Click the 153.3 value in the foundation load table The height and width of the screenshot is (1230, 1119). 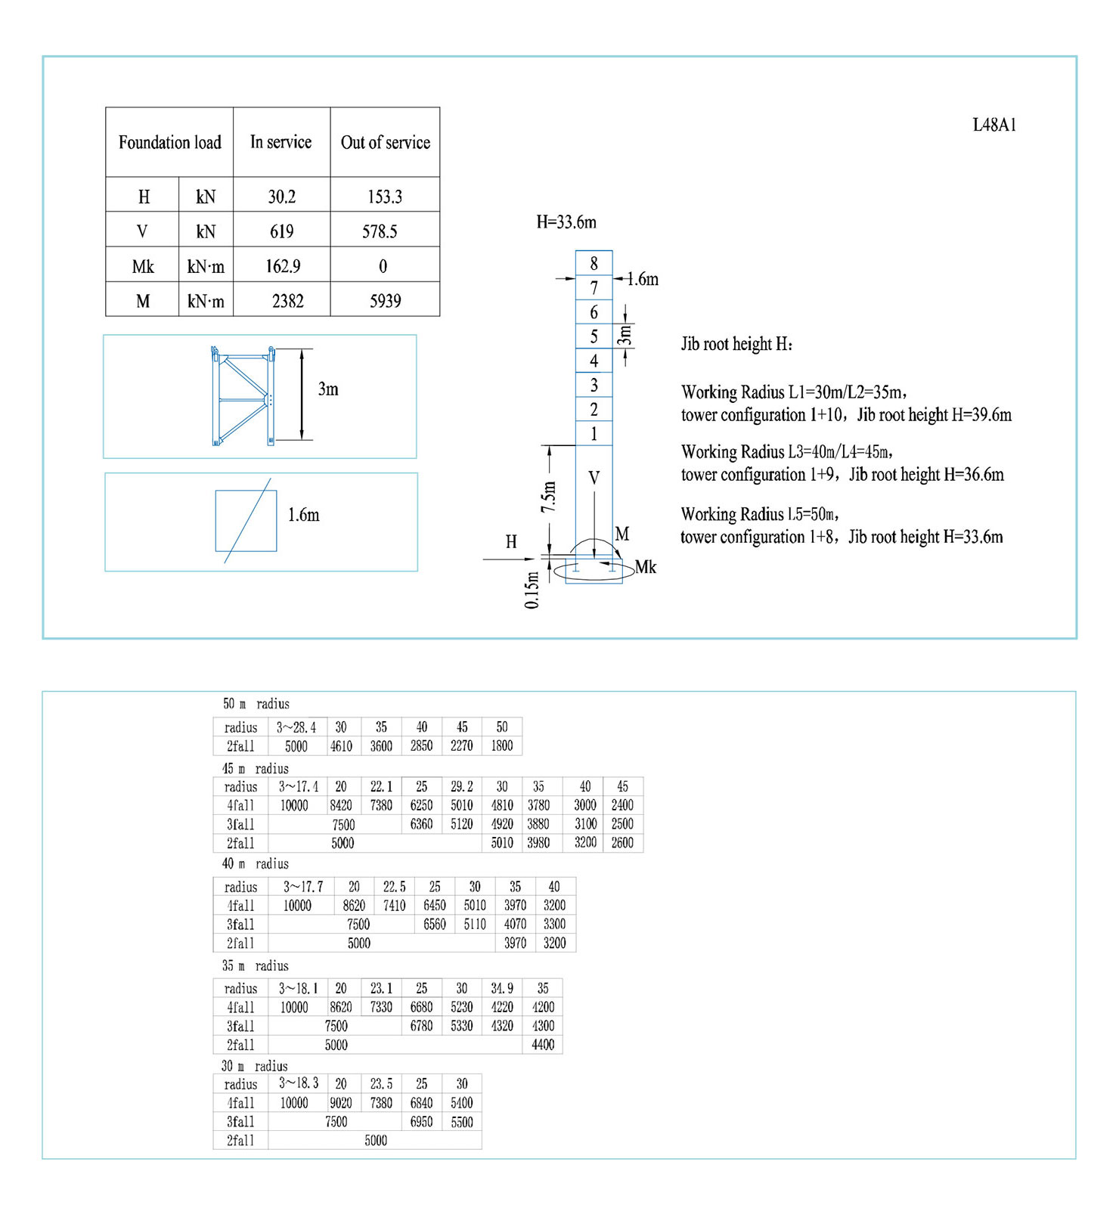pos(385,197)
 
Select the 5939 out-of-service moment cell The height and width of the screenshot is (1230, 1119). pos(385,301)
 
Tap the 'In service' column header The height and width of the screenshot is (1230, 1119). pos(281,142)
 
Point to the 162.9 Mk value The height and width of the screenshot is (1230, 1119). pos(283,266)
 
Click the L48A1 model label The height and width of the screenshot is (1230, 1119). pos(994,125)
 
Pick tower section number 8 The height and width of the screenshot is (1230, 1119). pos(594,263)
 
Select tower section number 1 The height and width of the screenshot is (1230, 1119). pos(594,434)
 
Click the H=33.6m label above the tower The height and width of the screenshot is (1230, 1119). pos(566,222)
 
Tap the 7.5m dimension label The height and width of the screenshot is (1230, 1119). pos(549,497)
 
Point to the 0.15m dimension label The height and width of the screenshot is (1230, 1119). pos(532,590)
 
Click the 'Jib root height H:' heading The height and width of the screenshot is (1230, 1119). pos(736,345)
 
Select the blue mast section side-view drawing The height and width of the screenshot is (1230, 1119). pos(243,395)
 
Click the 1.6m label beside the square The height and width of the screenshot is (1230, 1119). pos(303,516)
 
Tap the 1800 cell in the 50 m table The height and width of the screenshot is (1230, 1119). pos(502,745)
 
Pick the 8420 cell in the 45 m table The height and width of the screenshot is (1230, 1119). pos(341,805)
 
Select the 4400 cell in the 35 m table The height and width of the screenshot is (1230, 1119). pos(543,1045)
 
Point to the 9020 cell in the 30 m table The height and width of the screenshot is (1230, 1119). pos(341,1103)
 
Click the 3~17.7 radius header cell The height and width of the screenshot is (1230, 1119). pos(303,887)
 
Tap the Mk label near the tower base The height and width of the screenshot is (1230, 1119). pos(646,567)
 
